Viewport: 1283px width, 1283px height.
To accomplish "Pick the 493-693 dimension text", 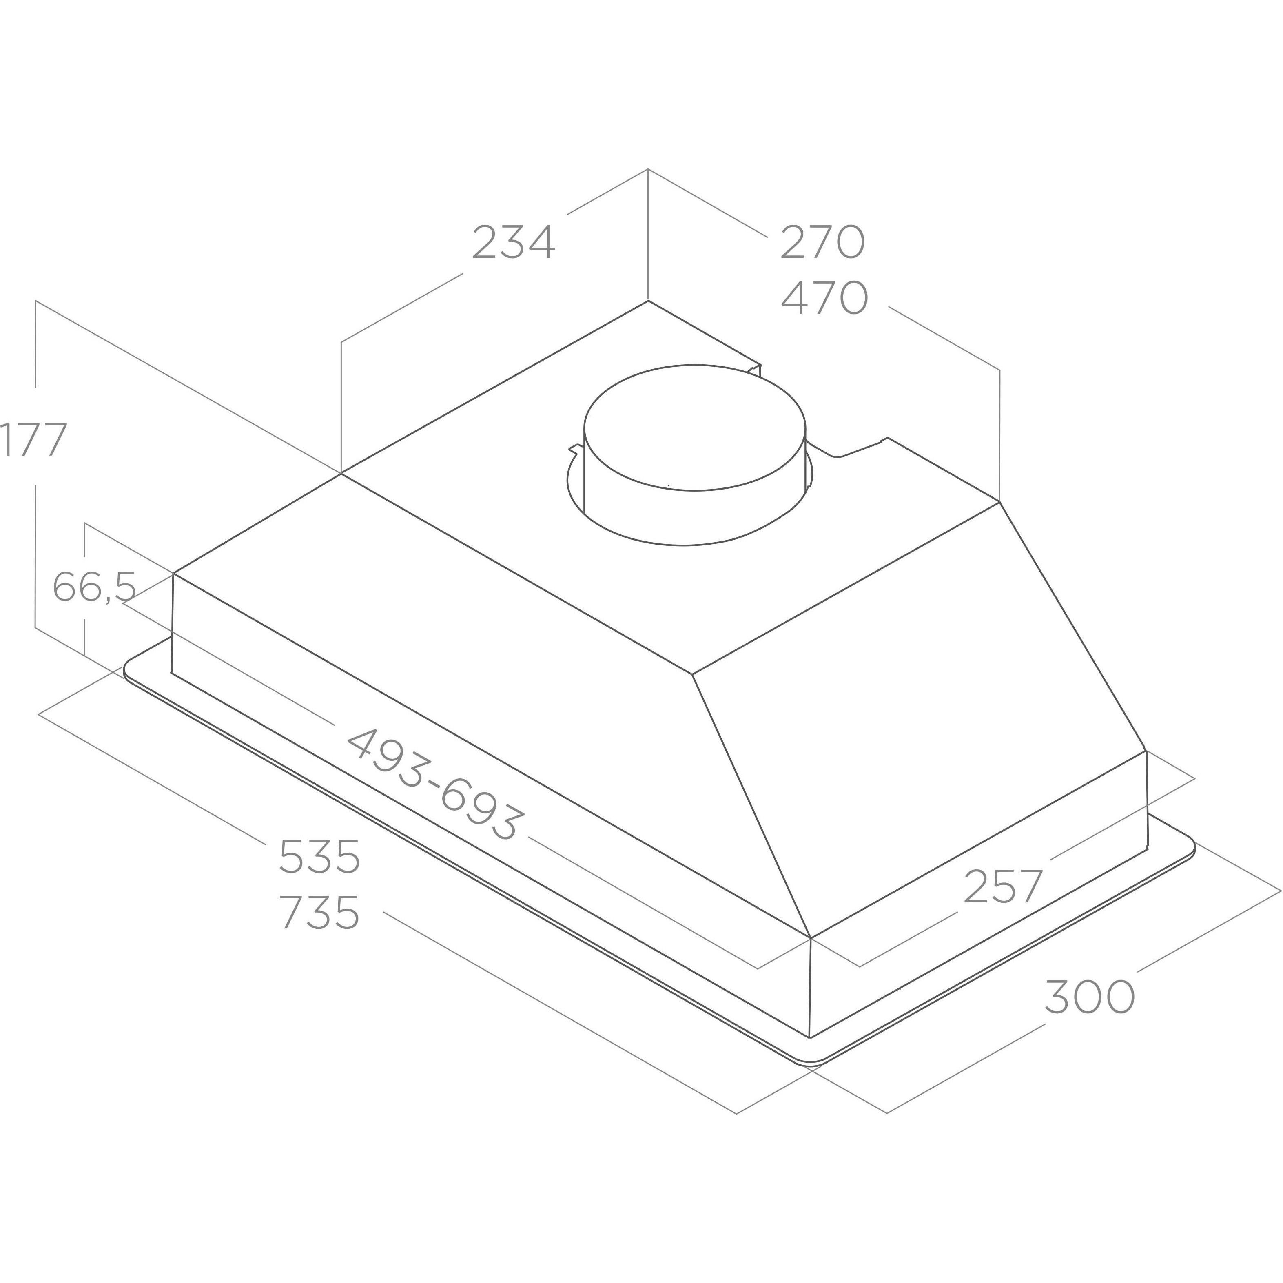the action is tap(432, 784).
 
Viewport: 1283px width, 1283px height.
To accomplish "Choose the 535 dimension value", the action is tap(319, 857).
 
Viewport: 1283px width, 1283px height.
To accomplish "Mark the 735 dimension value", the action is tap(319, 913).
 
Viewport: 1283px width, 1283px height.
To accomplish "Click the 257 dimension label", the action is tap(1003, 886).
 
